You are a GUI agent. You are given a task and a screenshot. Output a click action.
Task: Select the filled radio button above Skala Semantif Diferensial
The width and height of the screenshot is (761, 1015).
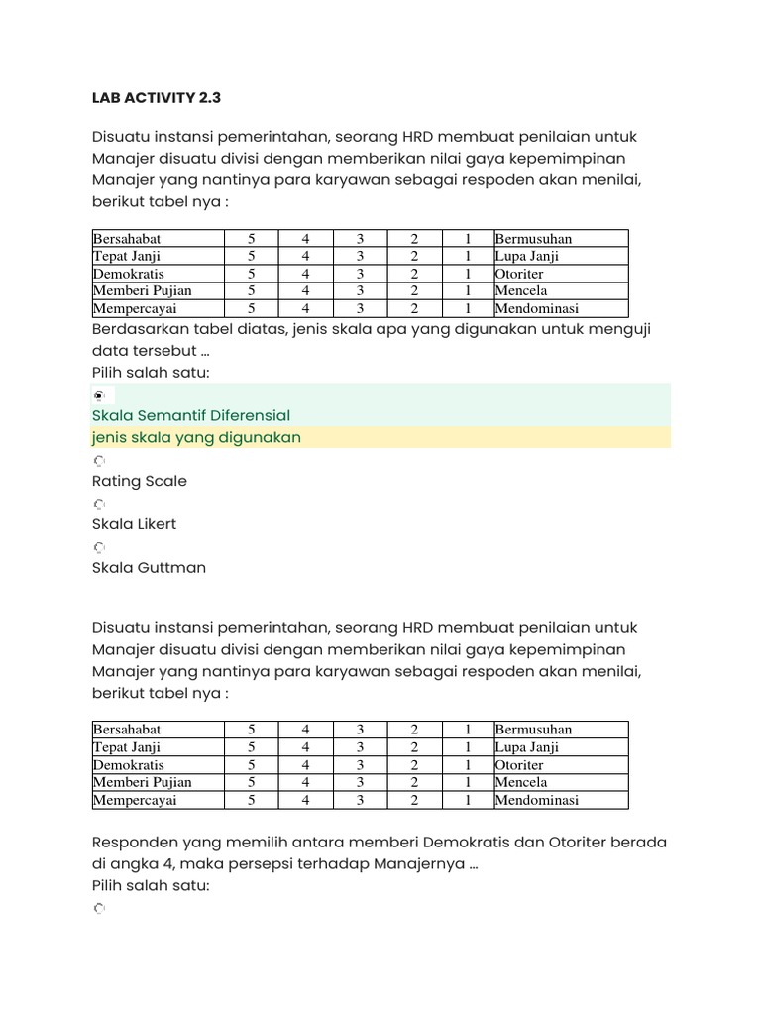pyautogui.click(x=99, y=395)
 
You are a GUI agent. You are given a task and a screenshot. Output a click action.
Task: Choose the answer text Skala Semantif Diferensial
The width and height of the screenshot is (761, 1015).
pyautogui.click(x=191, y=415)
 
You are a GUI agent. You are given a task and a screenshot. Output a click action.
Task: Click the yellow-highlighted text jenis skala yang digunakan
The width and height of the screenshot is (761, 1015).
pyautogui.click(x=196, y=437)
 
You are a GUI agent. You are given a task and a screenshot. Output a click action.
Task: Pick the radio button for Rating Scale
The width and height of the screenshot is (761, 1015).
pyautogui.click(x=99, y=461)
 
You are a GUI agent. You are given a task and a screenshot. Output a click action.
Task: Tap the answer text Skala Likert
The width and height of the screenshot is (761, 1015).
pyautogui.click(x=134, y=524)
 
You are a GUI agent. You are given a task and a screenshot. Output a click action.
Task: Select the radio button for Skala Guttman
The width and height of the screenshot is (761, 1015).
pyautogui.click(x=99, y=547)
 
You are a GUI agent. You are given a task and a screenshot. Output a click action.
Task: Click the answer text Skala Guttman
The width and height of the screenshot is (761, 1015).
pyautogui.click(x=149, y=568)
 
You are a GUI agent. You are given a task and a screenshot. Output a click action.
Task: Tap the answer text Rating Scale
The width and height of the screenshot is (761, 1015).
pyautogui.click(x=139, y=481)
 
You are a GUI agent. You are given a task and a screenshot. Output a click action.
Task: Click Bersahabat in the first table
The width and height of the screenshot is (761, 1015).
pyautogui.click(x=127, y=239)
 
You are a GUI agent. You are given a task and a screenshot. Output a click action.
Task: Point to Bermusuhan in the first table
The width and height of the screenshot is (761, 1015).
pyautogui.click(x=533, y=239)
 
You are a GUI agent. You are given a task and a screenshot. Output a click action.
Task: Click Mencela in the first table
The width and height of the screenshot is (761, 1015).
pyautogui.click(x=521, y=291)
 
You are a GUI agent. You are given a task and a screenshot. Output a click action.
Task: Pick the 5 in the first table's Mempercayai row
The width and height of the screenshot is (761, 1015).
pyautogui.click(x=252, y=309)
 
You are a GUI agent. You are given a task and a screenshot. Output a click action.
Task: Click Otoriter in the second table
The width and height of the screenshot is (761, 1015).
pyautogui.click(x=519, y=765)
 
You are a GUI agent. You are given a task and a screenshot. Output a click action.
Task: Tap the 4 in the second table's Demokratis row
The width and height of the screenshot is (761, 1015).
pyautogui.click(x=306, y=765)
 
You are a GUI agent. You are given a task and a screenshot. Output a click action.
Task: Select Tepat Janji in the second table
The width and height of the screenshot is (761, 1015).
pyautogui.click(x=127, y=747)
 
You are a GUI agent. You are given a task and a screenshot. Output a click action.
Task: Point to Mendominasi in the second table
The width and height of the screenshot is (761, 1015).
pyautogui.click(x=537, y=800)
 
